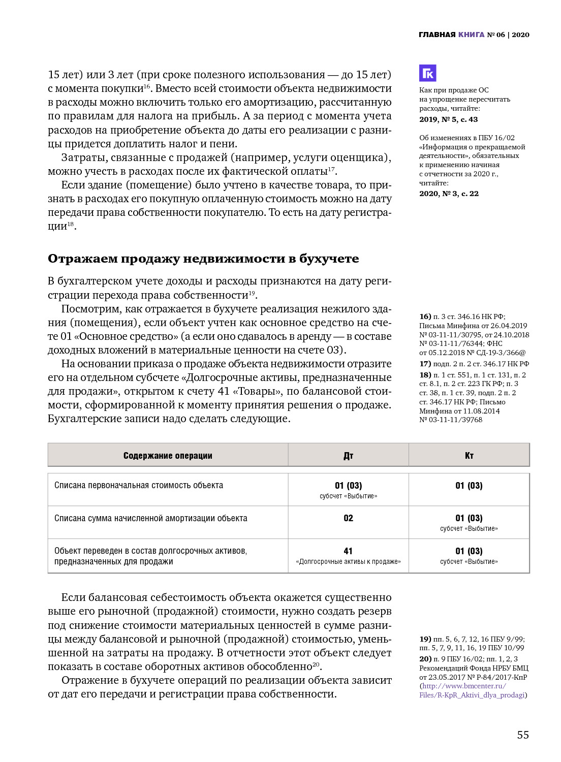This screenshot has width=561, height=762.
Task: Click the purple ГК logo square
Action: coord(428,73)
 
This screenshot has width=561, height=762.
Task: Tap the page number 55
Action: coord(523,735)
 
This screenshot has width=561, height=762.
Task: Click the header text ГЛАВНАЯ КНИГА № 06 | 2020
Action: coord(474,35)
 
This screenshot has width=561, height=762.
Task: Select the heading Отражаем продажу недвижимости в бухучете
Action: coord(203,259)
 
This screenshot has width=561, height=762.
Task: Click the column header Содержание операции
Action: coord(168,455)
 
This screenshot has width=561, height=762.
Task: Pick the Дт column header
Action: coord(348,455)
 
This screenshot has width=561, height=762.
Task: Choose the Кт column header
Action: coord(469,455)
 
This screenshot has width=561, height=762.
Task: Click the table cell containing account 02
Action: coord(348,518)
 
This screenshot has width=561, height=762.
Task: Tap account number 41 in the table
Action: coord(348,551)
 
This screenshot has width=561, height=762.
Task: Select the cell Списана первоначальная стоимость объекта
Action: coord(139,485)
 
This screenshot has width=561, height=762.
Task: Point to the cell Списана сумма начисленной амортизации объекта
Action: coord(151,518)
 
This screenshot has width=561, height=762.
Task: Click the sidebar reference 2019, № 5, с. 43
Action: coord(449,119)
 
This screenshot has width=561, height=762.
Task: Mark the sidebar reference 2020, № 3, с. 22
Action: coord(449,194)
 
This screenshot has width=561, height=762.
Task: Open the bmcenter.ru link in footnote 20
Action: coord(473,690)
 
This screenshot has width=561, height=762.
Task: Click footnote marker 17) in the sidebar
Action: coord(425,364)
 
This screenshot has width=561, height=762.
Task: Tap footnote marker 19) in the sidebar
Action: coord(425,639)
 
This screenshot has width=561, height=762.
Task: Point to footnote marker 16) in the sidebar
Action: coord(425,316)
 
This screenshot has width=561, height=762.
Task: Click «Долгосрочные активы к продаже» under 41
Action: coord(348,561)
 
